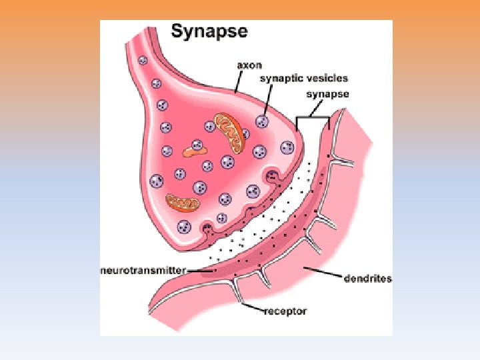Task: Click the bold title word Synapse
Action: [209, 31]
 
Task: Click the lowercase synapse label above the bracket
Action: [327, 94]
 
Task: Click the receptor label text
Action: [285, 311]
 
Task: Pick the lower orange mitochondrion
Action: [183, 203]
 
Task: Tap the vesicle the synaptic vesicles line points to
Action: [263, 121]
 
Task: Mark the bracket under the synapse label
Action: [313, 119]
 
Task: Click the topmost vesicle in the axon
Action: [143, 60]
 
